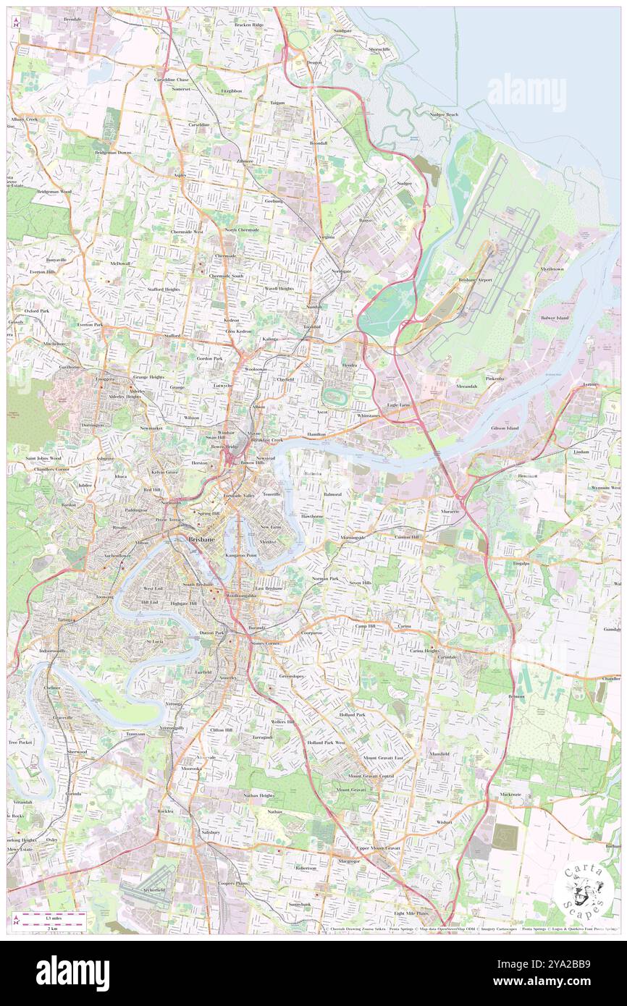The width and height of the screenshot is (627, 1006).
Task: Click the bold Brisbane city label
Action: [x=201, y=539]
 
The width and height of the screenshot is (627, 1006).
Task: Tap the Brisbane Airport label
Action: [x=475, y=279]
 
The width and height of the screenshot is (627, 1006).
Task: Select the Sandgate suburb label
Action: [x=342, y=31]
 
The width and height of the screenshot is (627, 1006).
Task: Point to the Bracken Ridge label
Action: [x=249, y=25]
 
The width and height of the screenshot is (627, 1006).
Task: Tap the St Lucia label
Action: [x=155, y=641]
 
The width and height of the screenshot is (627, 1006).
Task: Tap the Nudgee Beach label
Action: [x=444, y=114]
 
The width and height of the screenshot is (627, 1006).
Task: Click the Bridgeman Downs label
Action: [x=114, y=153]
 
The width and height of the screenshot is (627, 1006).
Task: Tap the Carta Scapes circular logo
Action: [x=581, y=892]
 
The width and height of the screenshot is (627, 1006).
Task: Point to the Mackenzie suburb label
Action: [x=510, y=794]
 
